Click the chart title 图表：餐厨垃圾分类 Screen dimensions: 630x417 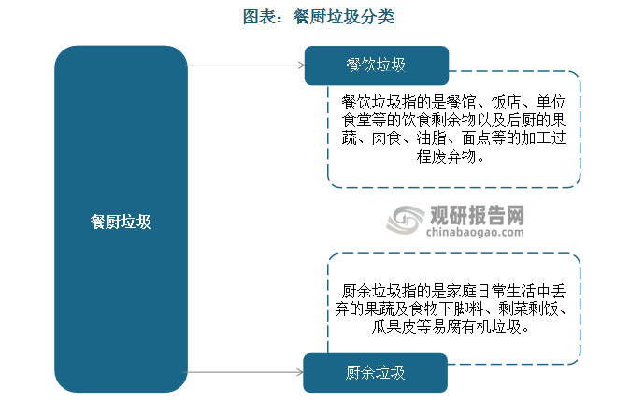coord(318,17)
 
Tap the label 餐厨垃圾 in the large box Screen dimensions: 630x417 coord(121,222)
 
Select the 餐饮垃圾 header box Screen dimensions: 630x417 coord(377,65)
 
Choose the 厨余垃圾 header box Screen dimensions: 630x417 coord(375,373)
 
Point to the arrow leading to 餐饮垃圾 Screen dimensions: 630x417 coord(246,65)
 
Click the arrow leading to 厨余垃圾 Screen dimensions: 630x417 coord(244,372)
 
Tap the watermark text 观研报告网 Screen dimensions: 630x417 coord(477,215)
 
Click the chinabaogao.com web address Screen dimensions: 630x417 coord(475,232)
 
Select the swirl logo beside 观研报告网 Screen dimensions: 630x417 coord(406,220)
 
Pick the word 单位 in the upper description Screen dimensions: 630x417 coord(551,103)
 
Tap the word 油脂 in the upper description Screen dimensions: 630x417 coord(431,138)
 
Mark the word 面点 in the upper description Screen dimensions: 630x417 coord(476,138)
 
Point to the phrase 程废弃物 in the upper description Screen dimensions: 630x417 coord(446,156)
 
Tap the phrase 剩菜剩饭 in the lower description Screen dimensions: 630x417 coord(528,309)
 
